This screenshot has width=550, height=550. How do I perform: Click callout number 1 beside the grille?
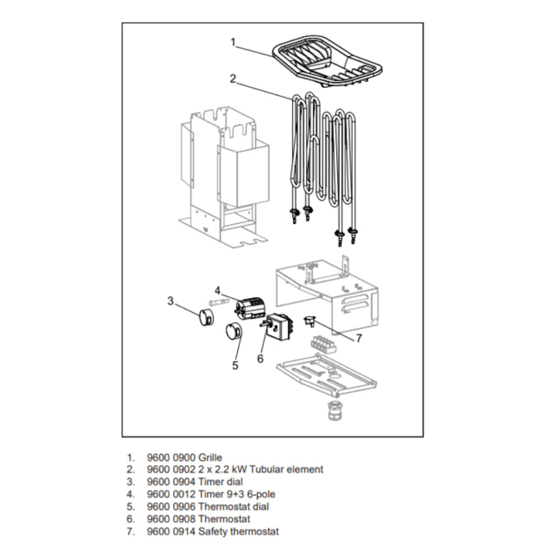click(233, 42)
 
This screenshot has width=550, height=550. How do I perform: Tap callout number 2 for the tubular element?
click(233, 78)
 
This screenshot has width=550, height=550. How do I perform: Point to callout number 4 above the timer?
click(217, 289)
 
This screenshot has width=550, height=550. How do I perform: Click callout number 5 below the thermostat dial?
click(234, 365)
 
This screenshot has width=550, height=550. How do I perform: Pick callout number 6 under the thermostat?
click(261, 358)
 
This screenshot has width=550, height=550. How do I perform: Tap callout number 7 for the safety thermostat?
click(357, 338)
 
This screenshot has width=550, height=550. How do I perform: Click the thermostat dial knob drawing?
click(232, 332)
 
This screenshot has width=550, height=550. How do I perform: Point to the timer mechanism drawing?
click(248, 309)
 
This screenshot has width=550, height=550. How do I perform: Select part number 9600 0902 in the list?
click(170, 470)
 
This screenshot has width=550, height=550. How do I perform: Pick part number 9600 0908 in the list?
click(170, 519)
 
